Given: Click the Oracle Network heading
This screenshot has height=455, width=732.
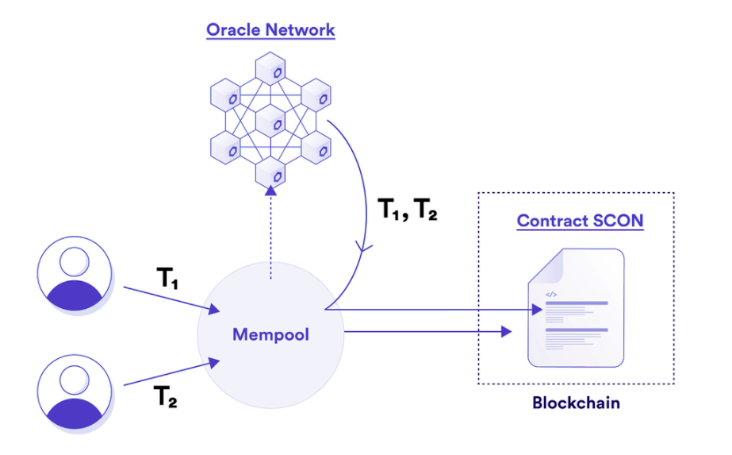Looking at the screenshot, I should (x=270, y=30).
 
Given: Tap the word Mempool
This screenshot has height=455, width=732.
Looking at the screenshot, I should (x=270, y=334).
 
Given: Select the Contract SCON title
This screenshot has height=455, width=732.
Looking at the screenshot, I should (x=580, y=220).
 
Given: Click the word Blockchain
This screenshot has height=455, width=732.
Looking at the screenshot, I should (x=576, y=403).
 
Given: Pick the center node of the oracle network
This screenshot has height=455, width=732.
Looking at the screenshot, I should (x=271, y=121).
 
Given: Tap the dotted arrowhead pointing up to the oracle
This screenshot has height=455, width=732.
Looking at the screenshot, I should (x=271, y=191).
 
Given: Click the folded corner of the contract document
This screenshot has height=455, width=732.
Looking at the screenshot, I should (x=542, y=263).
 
